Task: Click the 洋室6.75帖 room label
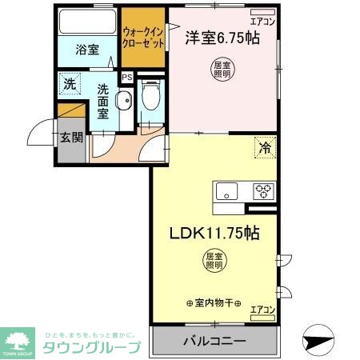click(222, 38)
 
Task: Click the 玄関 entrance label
click(70, 137)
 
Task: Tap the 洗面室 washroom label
click(104, 101)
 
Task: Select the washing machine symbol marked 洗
click(70, 83)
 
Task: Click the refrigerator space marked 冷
click(263, 147)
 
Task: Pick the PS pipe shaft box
click(126, 78)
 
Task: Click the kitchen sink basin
click(226, 191)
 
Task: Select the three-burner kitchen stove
click(263, 191)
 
